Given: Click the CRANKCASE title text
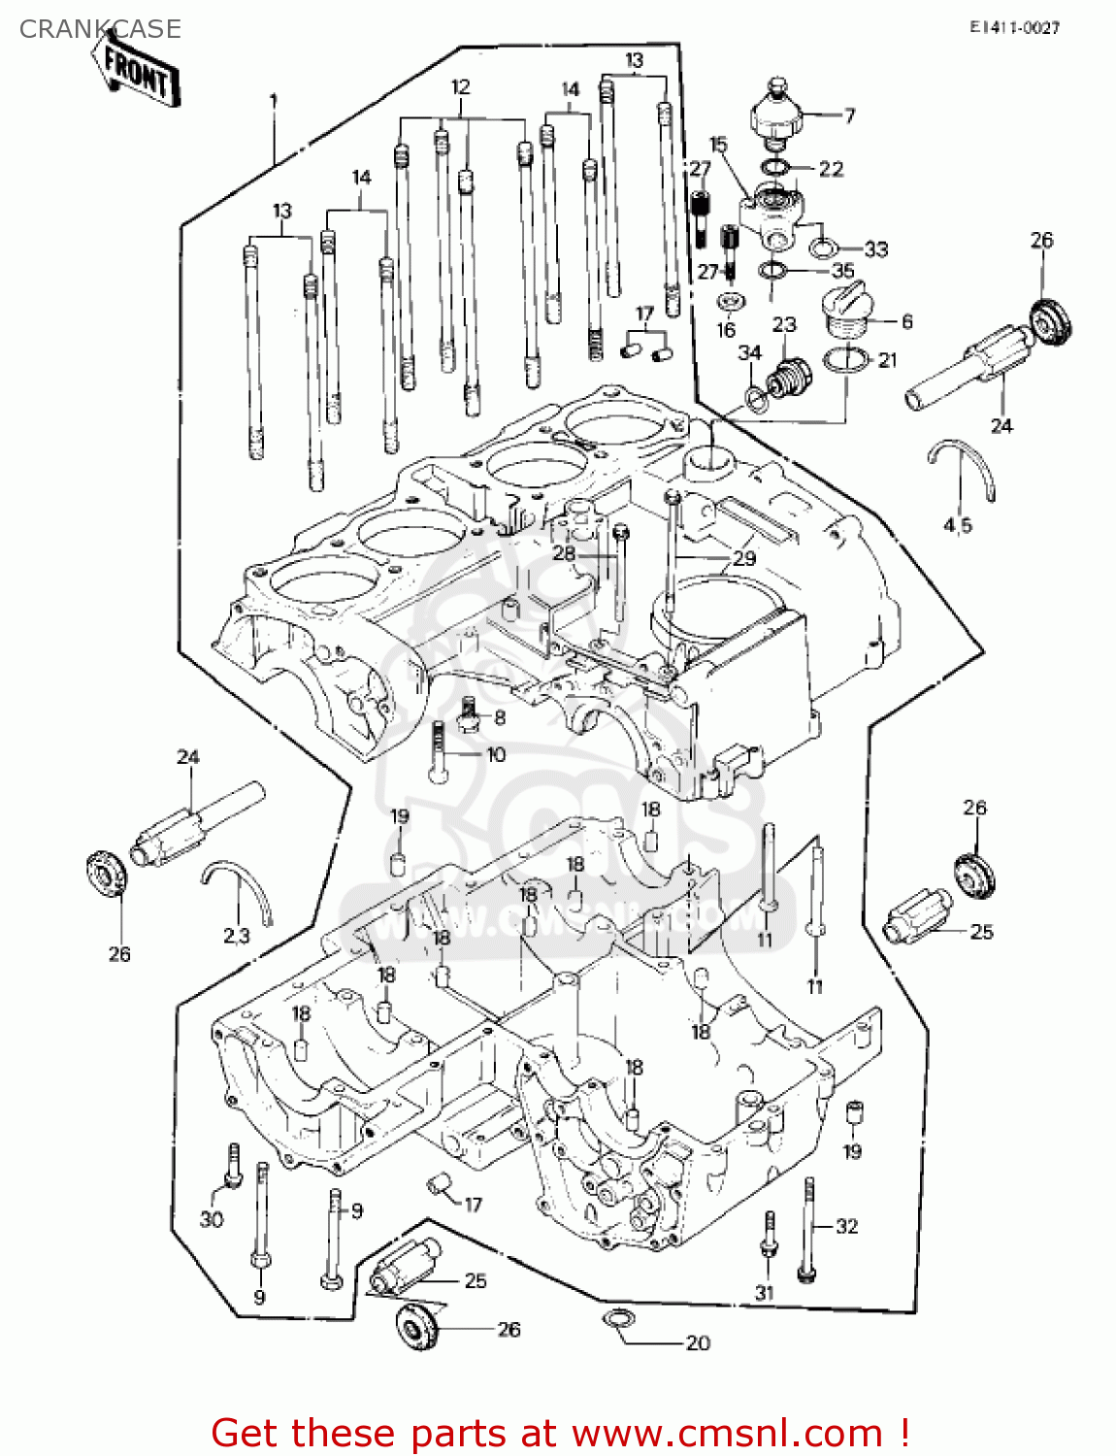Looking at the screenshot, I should coord(100,29).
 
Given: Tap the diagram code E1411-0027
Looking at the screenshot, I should coord(1014,28).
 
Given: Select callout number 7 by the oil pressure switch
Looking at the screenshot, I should coord(850,116).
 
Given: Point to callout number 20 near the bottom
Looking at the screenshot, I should coord(698,1343).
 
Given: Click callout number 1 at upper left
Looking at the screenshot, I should coord(274,100).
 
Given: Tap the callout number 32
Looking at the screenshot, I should coord(847,1226).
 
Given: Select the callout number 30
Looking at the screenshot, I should coord(212,1219).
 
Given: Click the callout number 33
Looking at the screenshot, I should coord(875,249).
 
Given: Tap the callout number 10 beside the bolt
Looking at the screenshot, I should coord(496,754).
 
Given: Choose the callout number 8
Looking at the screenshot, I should coord(500,717).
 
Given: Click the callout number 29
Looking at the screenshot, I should coord(744,558).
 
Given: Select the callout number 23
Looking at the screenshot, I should coord(784,324).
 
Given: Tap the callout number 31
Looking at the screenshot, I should coord(765,1292).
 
